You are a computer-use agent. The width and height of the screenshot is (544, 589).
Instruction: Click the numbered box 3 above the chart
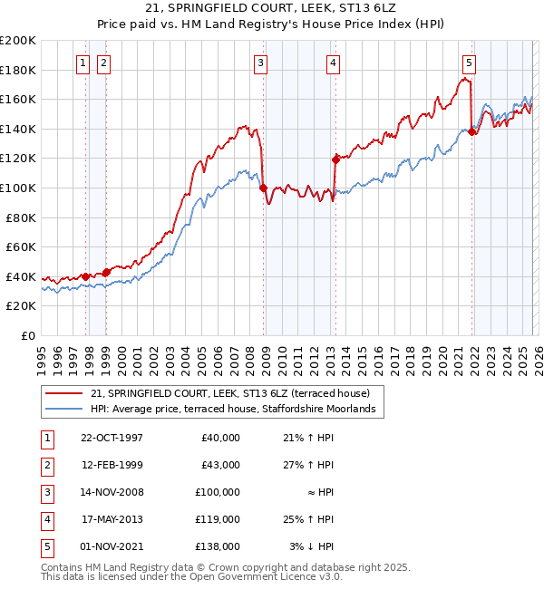pos(260,63)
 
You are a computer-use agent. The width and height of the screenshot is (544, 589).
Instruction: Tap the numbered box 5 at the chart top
pos(469,63)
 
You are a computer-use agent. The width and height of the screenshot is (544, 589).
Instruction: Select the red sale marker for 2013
pos(335,159)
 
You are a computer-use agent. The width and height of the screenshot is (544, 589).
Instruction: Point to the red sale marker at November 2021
pos(472,131)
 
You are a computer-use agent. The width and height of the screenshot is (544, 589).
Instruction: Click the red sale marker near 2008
pos(263,188)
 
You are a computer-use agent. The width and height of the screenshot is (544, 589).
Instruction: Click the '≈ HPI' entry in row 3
pos(318,492)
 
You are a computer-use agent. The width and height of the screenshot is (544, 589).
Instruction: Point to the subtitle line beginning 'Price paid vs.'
pos(271,24)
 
